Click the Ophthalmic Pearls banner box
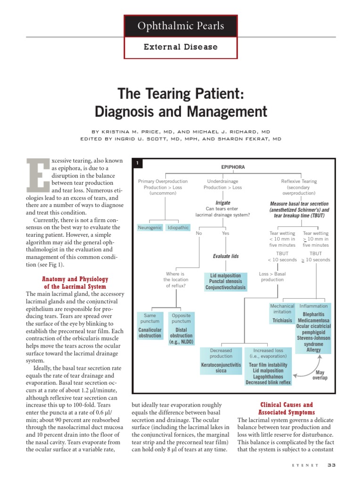point(181,26)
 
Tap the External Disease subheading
point(181,47)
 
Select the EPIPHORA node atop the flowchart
point(233,167)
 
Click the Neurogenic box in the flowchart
point(149,227)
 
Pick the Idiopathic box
point(178,227)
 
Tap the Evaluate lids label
point(226,256)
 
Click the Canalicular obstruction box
point(150,333)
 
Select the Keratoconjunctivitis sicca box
point(221,368)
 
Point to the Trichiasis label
point(282,320)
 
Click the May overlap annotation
point(320,375)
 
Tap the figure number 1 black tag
point(137,163)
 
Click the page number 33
point(331,465)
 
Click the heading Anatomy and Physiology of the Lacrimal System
point(75,283)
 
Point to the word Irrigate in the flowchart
point(222,203)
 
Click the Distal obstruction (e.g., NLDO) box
point(181,336)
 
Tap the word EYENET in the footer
point(305,466)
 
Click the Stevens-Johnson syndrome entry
point(313,341)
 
